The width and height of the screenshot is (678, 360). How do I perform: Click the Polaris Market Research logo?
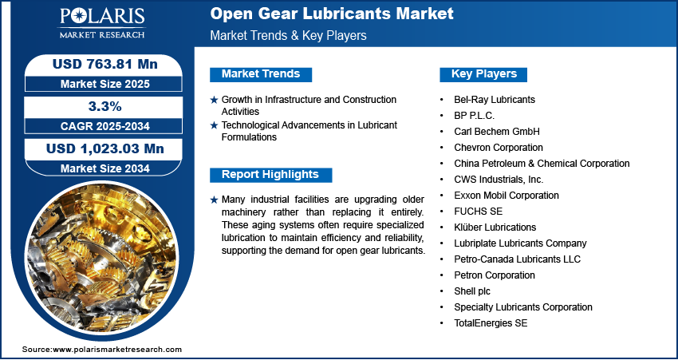(x=102, y=22)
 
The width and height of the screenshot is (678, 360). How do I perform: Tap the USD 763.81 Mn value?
(x=105, y=64)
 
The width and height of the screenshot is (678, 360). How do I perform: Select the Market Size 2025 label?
(x=105, y=84)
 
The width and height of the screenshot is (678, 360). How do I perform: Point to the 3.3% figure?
(x=105, y=106)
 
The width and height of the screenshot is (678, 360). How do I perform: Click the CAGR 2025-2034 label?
(x=105, y=126)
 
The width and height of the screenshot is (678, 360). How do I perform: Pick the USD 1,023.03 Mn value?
(x=105, y=148)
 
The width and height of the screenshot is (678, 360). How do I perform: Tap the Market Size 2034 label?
(x=105, y=168)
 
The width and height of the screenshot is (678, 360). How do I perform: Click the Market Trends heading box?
(x=261, y=74)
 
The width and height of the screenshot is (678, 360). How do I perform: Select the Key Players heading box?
(x=483, y=74)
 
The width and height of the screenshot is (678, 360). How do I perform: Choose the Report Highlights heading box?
(x=270, y=175)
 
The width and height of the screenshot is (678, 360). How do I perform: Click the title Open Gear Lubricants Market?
(x=332, y=14)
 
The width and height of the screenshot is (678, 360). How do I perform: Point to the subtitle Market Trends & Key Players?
(x=288, y=35)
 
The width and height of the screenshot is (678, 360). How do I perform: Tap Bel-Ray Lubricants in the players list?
(x=495, y=100)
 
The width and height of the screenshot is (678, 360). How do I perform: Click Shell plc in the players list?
(x=472, y=291)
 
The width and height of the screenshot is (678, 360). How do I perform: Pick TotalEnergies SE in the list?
(x=491, y=323)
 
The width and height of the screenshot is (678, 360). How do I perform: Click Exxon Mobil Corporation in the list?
(x=507, y=196)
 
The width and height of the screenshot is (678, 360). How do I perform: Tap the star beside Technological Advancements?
(x=214, y=125)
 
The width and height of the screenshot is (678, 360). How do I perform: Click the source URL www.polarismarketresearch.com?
(x=117, y=349)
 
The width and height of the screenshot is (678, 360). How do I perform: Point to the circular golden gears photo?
(x=102, y=261)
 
